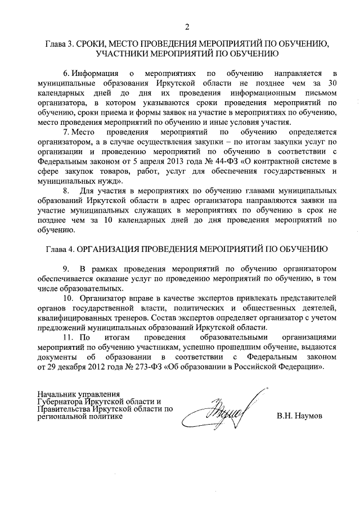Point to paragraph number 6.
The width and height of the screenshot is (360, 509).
pyautogui.click(x=65, y=73)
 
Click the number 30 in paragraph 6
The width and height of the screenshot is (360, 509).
pyautogui.click(x=332, y=83)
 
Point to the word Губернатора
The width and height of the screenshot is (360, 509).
pyautogui.click(x=61, y=402)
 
